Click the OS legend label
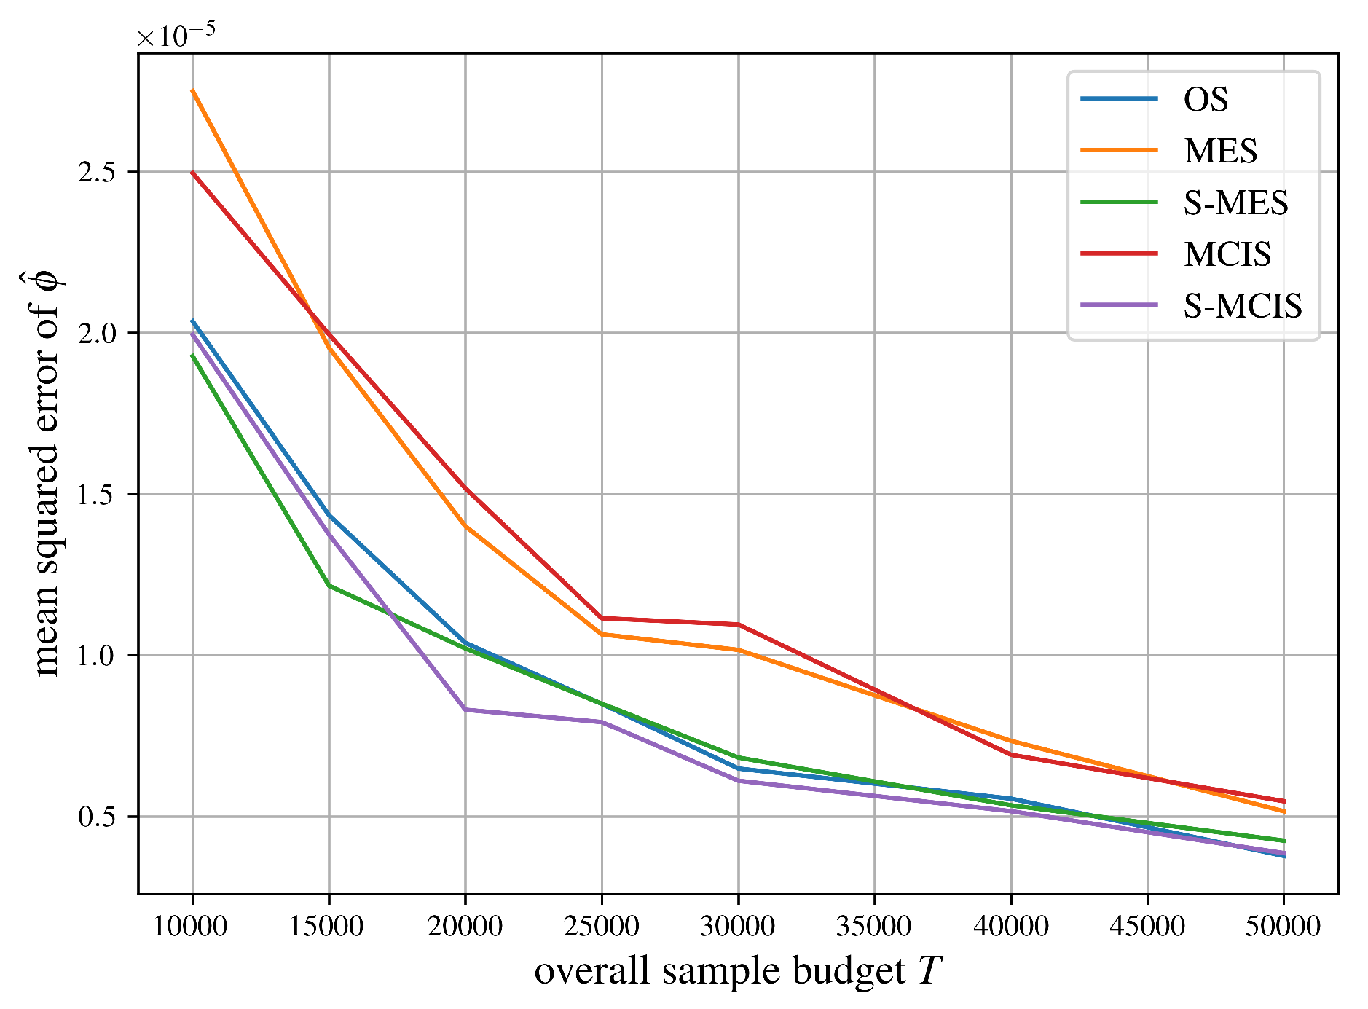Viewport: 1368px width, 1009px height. [1206, 100]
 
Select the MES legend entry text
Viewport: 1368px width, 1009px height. [1220, 152]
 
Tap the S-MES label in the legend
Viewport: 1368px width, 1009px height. [1235, 203]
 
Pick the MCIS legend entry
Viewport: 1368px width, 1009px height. [1227, 254]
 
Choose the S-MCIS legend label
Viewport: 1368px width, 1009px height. [1242, 306]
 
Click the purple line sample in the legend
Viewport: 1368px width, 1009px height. [1119, 305]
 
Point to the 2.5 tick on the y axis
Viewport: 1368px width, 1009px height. [99, 173]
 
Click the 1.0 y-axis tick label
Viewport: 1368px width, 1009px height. [99, 656]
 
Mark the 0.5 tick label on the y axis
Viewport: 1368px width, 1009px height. [99, 817]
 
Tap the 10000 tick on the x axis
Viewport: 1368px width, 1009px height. [192, 927]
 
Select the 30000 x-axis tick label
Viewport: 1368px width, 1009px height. [738, 927]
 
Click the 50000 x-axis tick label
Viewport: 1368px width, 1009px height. [1284, 927]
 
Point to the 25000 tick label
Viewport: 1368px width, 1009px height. [602, 927]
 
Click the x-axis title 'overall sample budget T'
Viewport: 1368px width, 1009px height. [738, 971]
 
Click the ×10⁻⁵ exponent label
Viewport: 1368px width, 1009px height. [176, 35]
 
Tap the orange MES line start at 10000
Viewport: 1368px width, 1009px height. [193, 90]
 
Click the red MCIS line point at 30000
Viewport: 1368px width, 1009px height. [738, 624]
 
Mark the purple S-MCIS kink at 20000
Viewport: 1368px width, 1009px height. [465, 710]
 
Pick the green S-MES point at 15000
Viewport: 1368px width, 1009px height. [329, 586]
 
